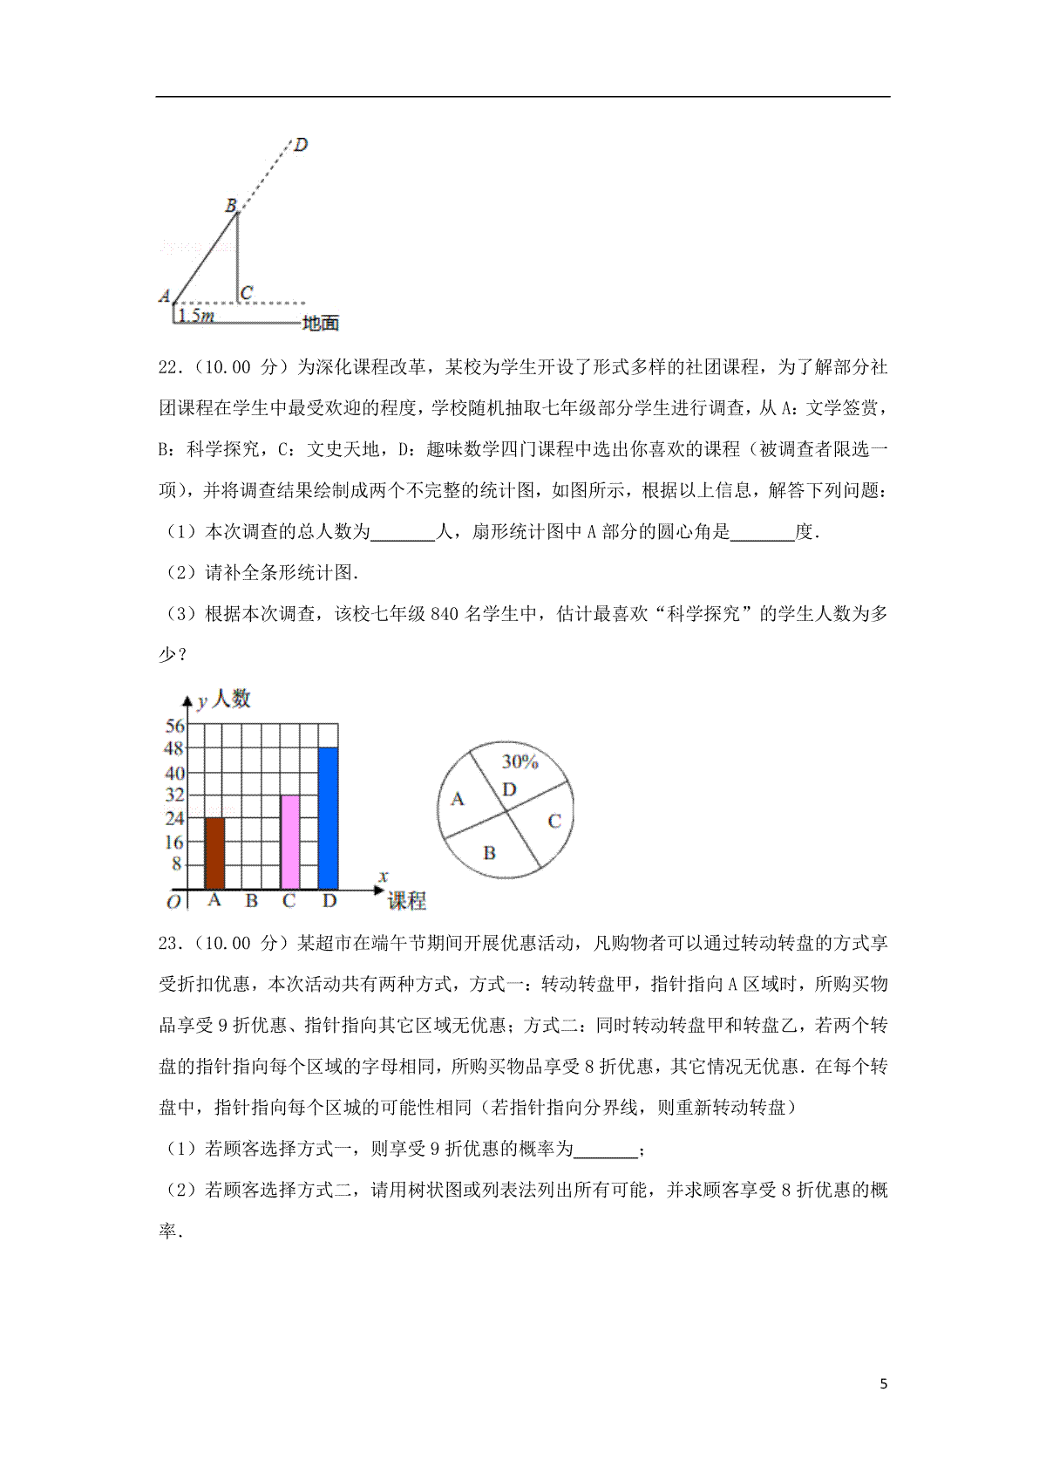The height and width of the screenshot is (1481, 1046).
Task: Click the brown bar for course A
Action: [214, 852]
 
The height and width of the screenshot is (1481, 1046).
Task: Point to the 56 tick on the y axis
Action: [175, 726]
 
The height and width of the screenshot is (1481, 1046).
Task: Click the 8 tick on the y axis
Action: [177, 863]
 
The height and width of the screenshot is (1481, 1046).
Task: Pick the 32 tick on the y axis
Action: [175, 795]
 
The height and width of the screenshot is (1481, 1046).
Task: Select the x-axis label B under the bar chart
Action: [252, 900]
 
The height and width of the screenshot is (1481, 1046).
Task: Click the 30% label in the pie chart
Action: [520, 761]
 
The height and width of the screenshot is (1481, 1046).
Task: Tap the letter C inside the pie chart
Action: [554, 821]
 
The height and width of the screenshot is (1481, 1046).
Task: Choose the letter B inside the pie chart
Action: [489, 852]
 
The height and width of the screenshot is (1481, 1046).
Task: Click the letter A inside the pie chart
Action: [458, 799]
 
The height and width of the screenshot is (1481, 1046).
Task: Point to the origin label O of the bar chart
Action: [173, 902]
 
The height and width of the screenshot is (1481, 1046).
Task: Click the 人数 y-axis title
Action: [231, 699]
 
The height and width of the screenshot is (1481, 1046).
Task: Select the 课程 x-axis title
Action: [406, 901]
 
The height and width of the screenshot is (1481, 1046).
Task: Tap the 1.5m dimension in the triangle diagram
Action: [196, 316]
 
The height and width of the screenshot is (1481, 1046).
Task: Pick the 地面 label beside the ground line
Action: [320, 324]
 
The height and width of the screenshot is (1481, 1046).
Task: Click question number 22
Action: [169, 367]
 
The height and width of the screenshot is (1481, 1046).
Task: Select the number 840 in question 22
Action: [444, 614]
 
